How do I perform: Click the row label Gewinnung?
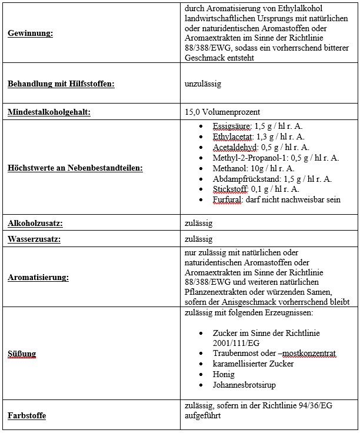coord(30,34)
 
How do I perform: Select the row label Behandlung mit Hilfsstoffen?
coord(61,84)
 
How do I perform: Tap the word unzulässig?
coord(202,84)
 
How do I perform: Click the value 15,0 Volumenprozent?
coord(222,112)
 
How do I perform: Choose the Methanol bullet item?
coord(254,168)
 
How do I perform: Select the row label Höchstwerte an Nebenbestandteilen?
coord(75,168)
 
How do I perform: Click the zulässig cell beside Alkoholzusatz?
coord(198,224)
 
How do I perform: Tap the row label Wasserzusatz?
coord(34,239)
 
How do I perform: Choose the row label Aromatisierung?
coord(38,277)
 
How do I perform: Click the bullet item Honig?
coord(224,374)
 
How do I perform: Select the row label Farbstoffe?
coord(26,416)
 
